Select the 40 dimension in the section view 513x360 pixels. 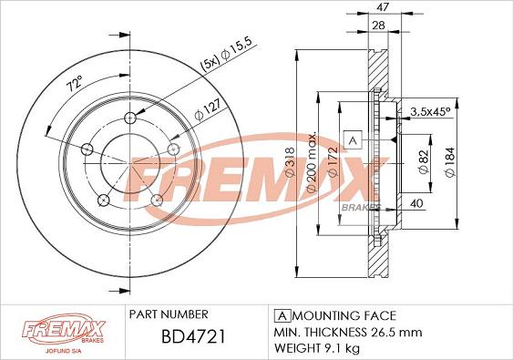(x=416, y=202)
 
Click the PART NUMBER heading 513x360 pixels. (x=169, y=313)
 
